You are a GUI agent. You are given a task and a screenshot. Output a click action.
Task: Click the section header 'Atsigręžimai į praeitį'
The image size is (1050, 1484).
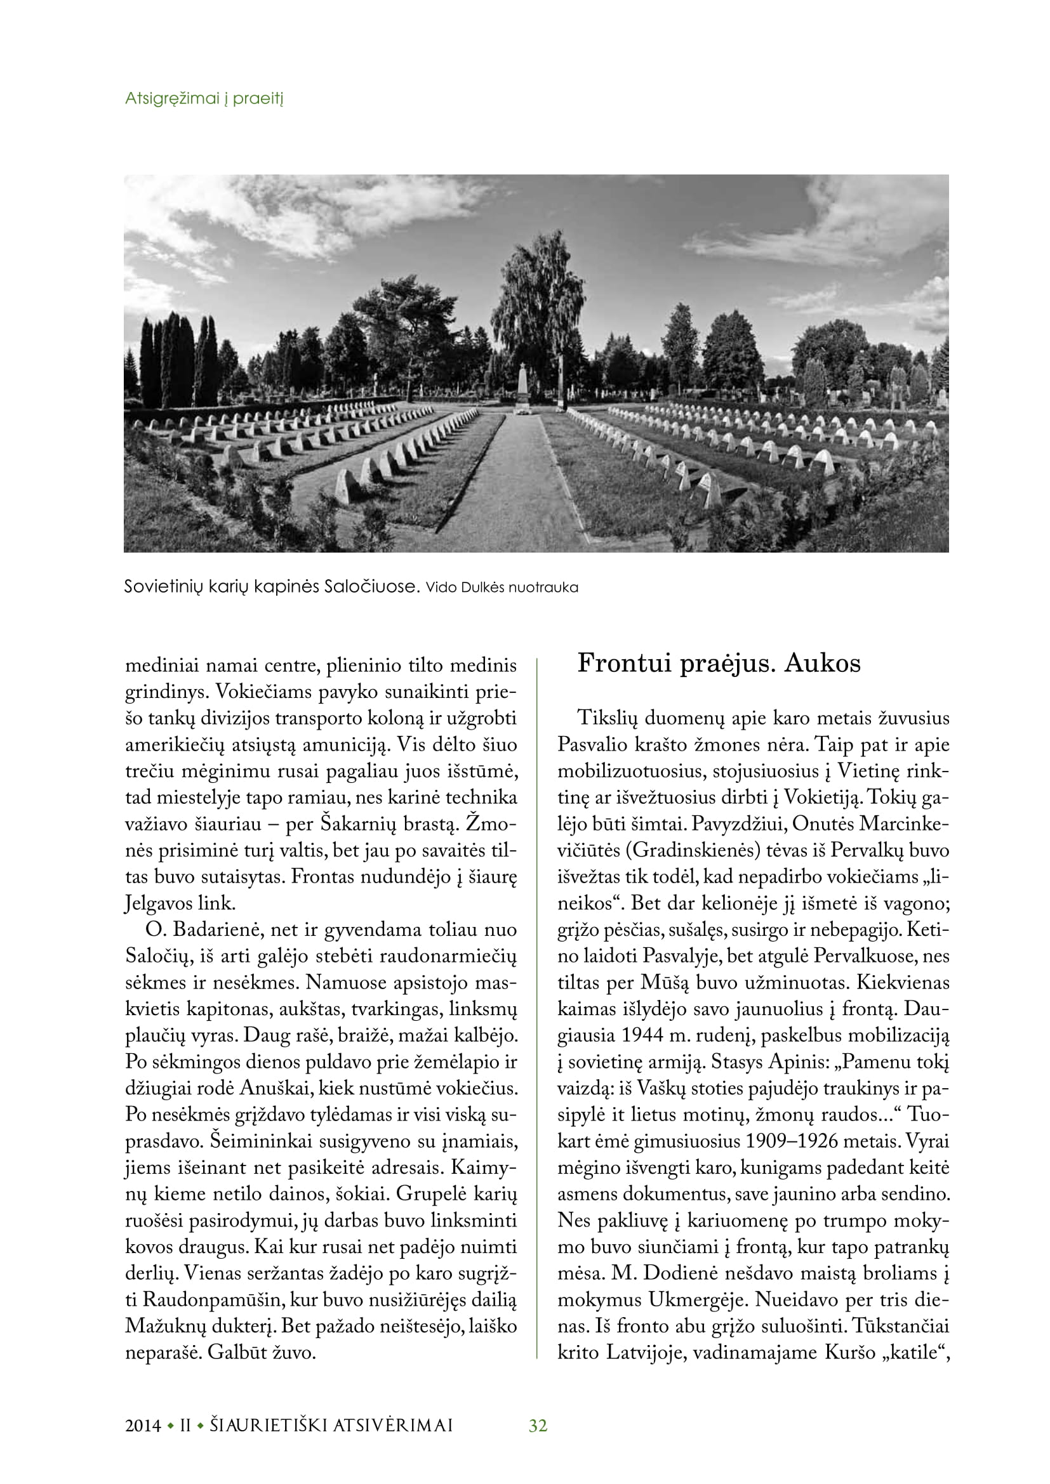tap(204, 99)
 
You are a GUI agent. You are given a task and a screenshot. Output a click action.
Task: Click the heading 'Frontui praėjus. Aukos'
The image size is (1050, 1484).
tap(719, 664)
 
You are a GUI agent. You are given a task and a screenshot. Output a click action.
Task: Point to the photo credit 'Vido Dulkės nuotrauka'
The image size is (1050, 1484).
tap(502, 588)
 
